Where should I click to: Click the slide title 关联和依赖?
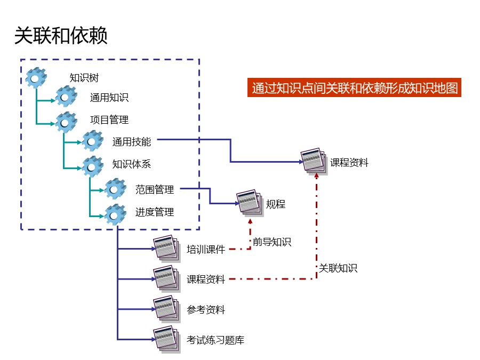tap(61, 36)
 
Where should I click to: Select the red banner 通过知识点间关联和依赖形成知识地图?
tap(354, 88)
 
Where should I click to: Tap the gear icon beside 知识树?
tap(36, 78)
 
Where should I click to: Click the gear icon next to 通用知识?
tap(66, 98)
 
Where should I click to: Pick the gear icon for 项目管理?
tap(66, 122)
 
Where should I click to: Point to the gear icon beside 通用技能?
tap(93, 141)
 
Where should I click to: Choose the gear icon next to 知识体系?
tap(93, 166)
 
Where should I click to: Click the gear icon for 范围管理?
tap(115, 189)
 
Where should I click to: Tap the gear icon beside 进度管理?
tap(115, 214)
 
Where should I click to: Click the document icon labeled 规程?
tap(249, 202)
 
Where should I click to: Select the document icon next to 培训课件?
tap(165, 247)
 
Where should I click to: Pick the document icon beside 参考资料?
tap(165, 308)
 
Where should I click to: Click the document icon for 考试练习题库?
tap(165, 338)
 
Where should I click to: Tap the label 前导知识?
tap(272, 242)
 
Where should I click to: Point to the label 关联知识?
tap(338, 268)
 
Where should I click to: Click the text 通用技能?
tap(132, 142)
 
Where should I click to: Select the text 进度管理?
tap(155, 212)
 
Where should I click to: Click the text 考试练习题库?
tap(215, 340)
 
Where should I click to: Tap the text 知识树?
tap(84, 78)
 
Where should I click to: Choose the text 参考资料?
tap(206, 310)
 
